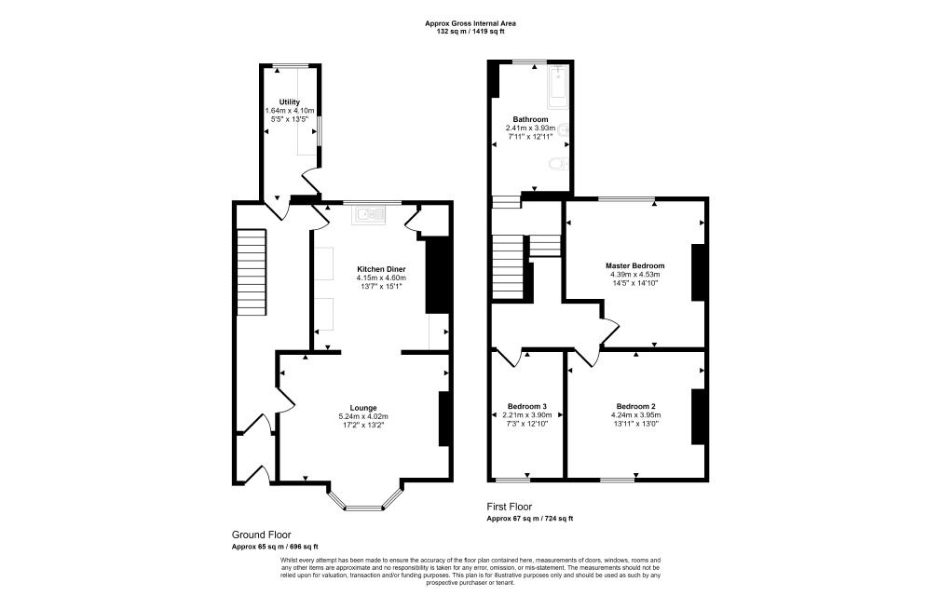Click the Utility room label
click(x=289, y=102)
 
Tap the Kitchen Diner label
click(x=381, y=269)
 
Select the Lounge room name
click(x=363, y=408)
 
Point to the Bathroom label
click(x=530, y=119)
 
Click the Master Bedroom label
click(x=634, y=265)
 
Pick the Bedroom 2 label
click(x=635, y=406)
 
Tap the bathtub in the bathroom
click(x=558, y=87)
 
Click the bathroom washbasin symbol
click(x=563, y=129)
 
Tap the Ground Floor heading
click(x=262, y=535)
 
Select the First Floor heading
click(x=509, y=507)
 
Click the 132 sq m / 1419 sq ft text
click(x=470, y=32)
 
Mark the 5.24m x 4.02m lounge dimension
click(x=363, y=416)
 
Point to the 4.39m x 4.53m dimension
click(x=634, y=274)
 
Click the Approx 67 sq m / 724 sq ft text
click(x=529, y=519)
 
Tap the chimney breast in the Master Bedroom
click(x=698, y=272)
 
